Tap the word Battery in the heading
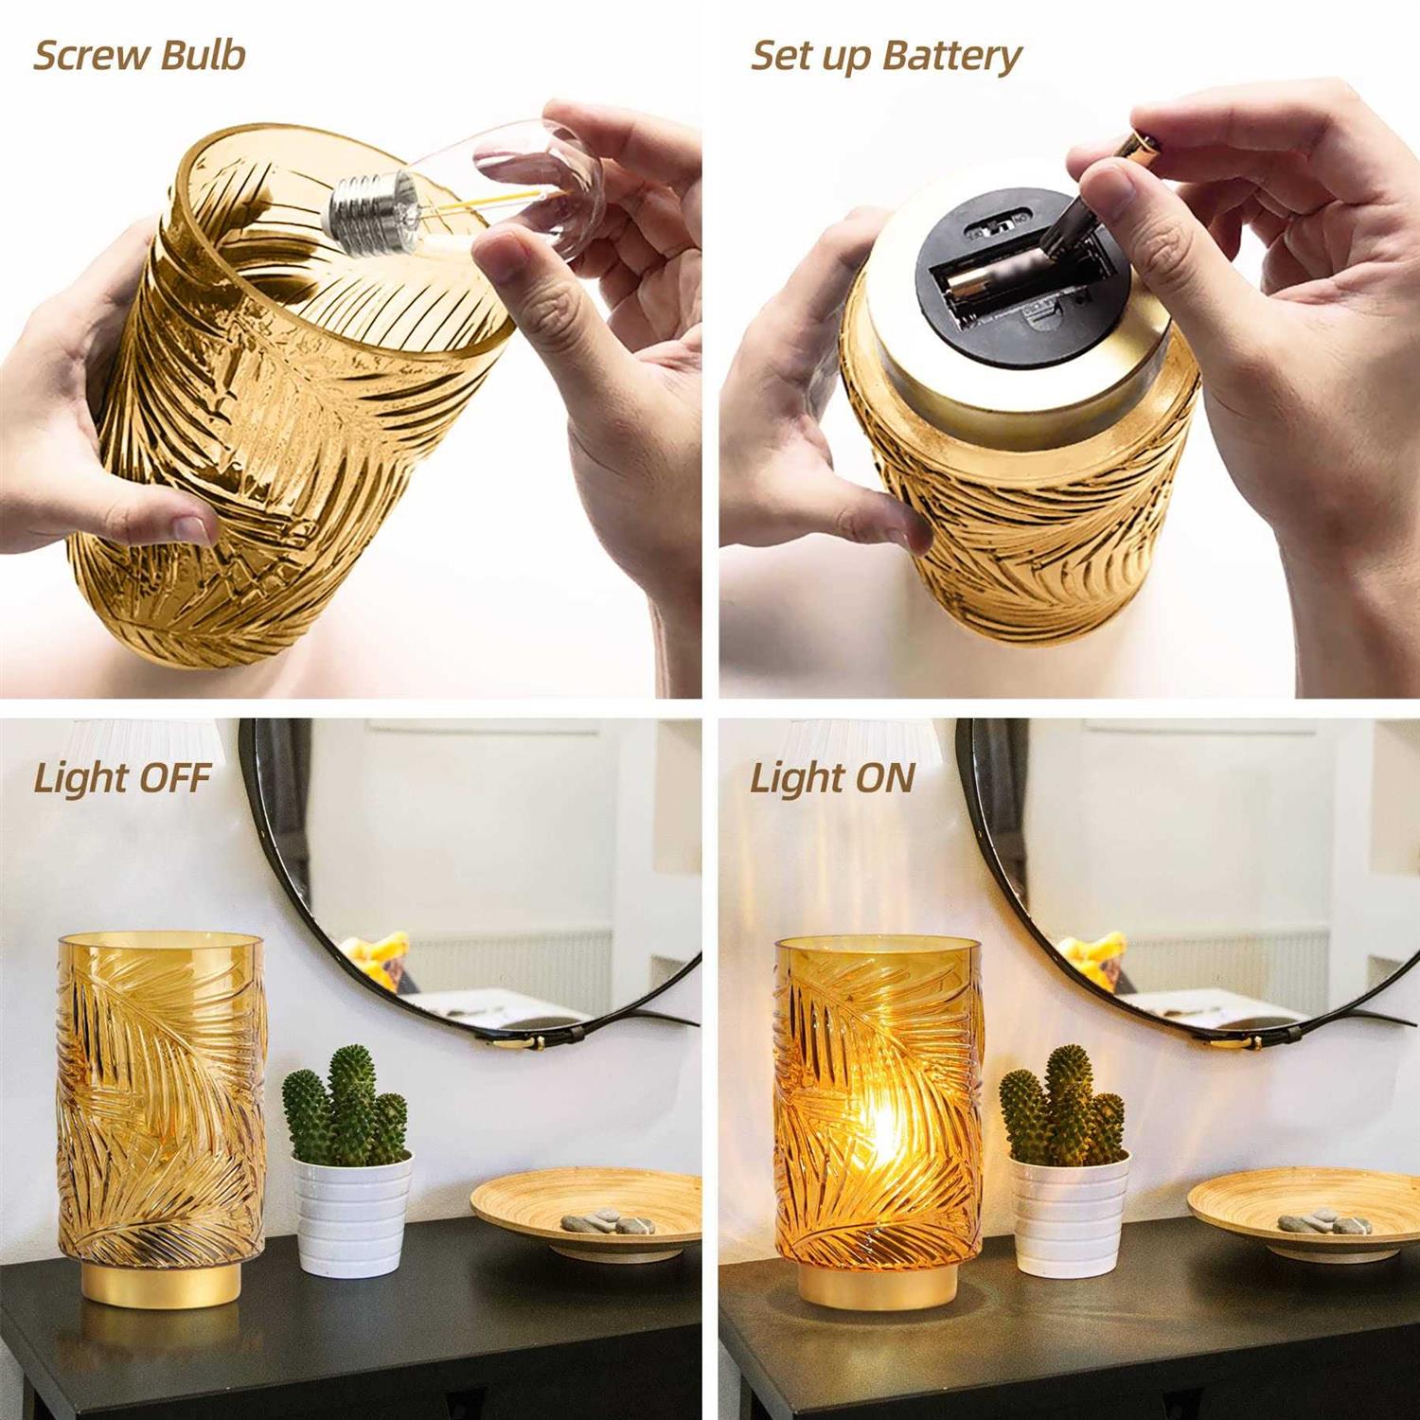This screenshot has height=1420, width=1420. [x=953, y=57]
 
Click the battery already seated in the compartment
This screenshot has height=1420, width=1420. [x=985, y=281]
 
